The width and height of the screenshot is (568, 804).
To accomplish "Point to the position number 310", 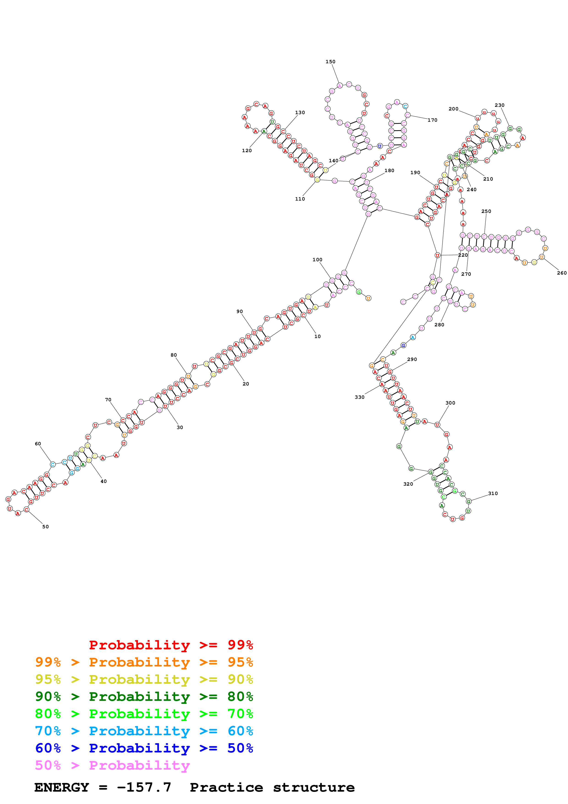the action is (x=493, y=493).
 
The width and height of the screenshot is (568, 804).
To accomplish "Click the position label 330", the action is (x=359, y=397).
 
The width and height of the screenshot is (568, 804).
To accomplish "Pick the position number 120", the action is (x=247, y=151).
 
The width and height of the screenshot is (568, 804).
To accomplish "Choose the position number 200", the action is (x=453, y=109).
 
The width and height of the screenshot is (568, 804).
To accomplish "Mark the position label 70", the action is (x=108, y=399).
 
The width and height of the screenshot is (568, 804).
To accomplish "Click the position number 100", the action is (x=317, y=260).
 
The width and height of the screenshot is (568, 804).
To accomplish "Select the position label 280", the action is (x=439, y=325).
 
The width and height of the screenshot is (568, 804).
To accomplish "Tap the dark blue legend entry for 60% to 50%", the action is (x=144, y=748).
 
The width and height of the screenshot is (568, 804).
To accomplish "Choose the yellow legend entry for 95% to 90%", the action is (x=144, y=679).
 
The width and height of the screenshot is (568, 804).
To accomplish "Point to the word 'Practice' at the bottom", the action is (x=226, y=787).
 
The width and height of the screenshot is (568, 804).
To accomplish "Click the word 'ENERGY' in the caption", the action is (x=62, y=787).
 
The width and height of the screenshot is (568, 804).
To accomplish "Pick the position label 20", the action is (x=246, y=384).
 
